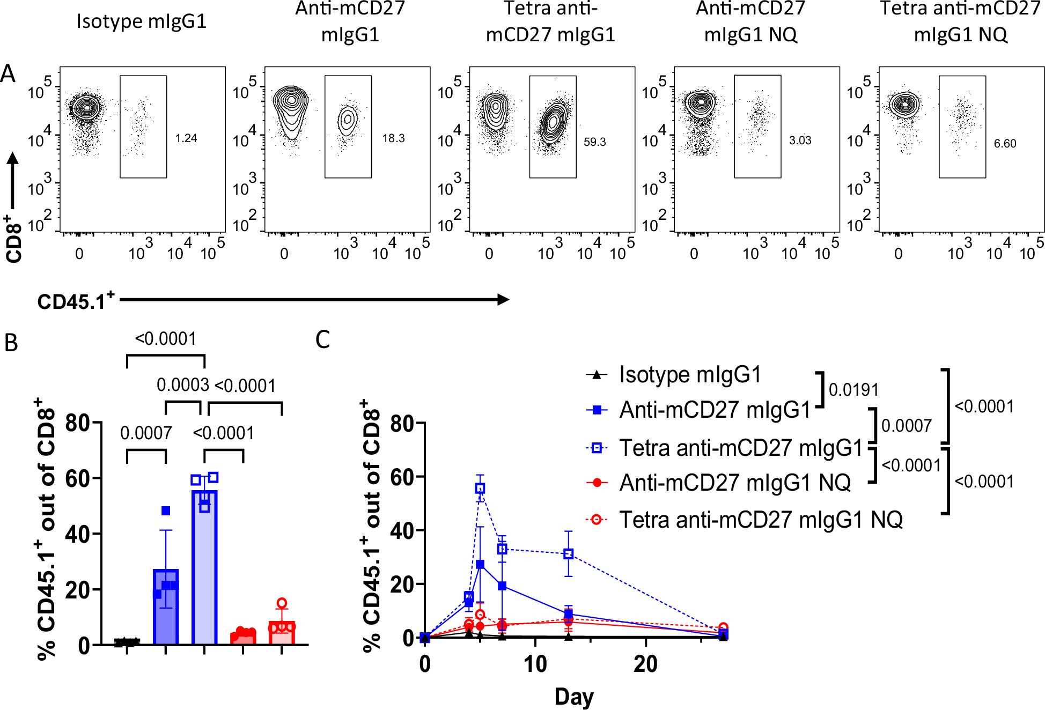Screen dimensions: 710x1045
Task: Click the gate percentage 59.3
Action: (594, 142)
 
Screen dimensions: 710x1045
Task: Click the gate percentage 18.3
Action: (393, 138)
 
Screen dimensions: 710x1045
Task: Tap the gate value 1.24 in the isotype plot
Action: (186, 138)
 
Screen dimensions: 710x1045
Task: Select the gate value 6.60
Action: (1005, 144)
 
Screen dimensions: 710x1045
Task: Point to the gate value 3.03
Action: (800, 140)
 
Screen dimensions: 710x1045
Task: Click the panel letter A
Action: (8, 74)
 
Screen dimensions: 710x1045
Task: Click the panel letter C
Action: (322, 339)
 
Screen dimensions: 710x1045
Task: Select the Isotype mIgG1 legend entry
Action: (689, 375)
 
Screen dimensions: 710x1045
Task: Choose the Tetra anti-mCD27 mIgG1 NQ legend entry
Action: (760, 520)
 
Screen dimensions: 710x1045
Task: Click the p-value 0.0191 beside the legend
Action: (853, 390)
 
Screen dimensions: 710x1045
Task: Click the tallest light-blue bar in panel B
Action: (204, 568)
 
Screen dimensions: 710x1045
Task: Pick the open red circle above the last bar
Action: (282, 603)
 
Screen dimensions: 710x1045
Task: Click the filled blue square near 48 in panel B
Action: (166, 511)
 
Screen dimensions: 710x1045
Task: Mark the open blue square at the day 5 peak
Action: (480, 489)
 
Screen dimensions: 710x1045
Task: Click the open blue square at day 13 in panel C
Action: (569, 554)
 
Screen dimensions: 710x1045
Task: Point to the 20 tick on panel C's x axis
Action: (645, 664)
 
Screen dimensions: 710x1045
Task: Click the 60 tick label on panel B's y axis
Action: (77, 478)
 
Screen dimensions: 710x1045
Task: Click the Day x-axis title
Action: (573, 696)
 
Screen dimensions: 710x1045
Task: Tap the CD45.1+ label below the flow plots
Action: (76, 301)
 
